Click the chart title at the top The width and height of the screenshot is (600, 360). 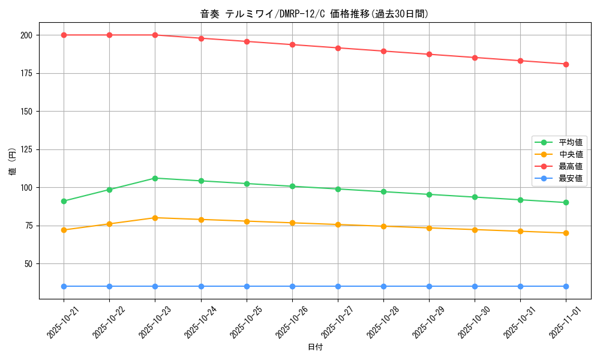click(314, 14)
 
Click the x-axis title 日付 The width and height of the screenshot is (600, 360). click(315, 347)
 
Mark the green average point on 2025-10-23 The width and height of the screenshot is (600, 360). click(155, 178)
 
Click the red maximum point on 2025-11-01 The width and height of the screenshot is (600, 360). click(566, 64)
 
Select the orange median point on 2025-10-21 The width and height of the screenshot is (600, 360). click(64, 230)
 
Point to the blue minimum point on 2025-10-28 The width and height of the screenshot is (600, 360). click(383, 286)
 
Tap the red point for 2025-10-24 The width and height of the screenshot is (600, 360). click(201, 38)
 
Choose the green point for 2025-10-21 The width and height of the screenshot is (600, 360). click(64, 201)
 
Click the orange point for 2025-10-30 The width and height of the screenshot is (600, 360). click(475, 230)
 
